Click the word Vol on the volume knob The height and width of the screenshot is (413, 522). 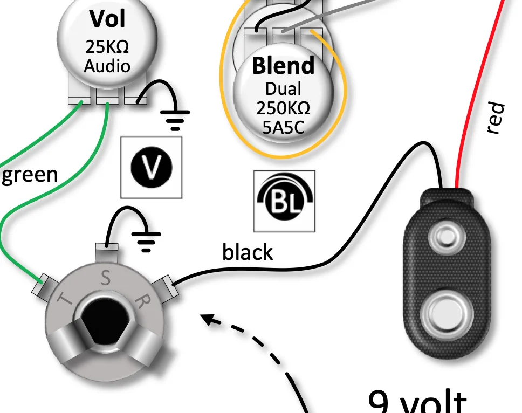click(107, 19)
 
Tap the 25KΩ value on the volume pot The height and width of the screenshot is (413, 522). click(107, 47)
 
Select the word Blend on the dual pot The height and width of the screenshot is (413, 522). click(283, 66)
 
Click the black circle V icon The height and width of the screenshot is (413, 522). click(152, 167)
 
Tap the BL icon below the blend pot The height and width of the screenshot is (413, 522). click(284, 201)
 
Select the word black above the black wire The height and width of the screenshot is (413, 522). click(248, 252)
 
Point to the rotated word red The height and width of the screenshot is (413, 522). click(495, 118)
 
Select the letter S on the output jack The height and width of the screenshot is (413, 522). click(106, 279)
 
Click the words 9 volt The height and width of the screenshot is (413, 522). click(418, 402)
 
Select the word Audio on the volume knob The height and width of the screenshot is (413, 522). click(107, 66)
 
